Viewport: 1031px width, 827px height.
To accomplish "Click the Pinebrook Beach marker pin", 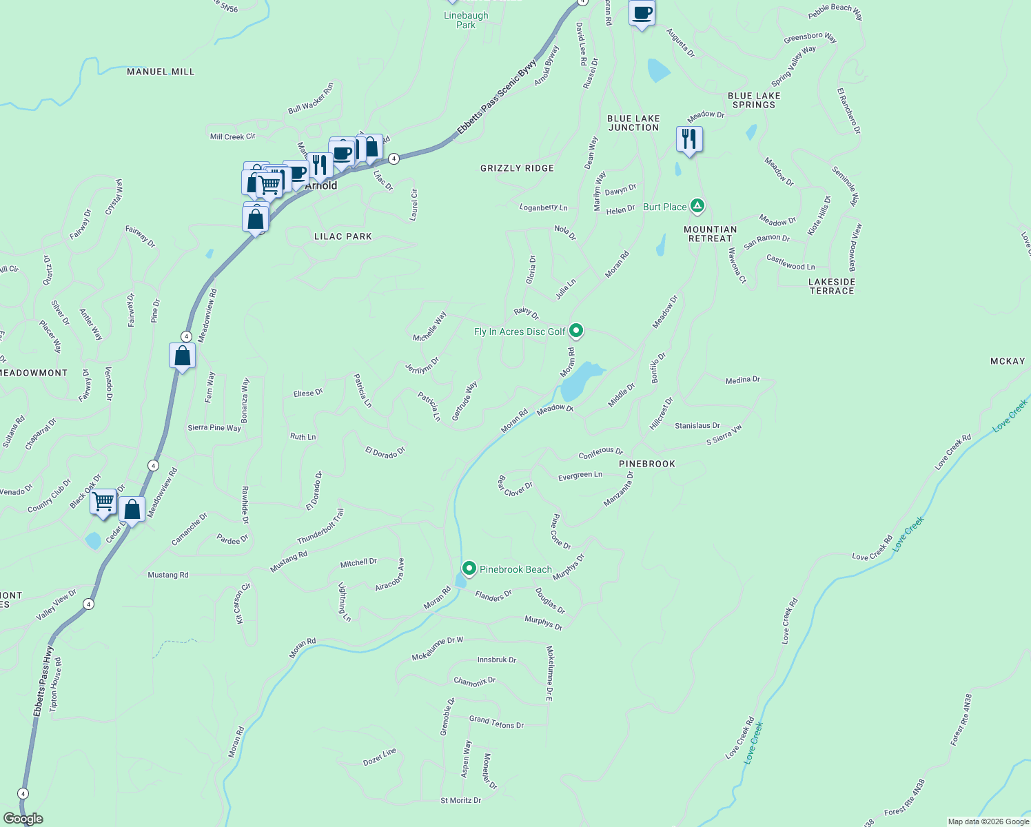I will pos(469,569).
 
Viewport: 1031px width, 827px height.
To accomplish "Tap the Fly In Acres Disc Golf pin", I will pos(577,331).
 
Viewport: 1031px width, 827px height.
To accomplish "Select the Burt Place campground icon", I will pos(697,206).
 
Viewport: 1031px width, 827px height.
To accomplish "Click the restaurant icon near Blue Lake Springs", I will pos(689,139).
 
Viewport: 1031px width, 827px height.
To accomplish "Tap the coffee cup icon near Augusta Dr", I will pos(642,13).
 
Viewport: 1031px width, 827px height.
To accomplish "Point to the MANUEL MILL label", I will pos(161,72).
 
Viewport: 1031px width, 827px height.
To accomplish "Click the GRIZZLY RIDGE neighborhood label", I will pos(517,168).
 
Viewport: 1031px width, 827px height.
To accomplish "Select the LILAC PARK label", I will pos(343,236).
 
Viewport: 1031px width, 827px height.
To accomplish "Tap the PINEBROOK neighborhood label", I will pos(646,464).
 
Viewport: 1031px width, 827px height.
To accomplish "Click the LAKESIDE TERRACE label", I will pos(832,286).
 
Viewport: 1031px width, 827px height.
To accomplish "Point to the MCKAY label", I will pos(1007,361).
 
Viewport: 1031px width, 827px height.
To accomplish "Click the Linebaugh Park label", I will pos(466,20).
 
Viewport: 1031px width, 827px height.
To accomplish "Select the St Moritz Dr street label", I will pos(460,800).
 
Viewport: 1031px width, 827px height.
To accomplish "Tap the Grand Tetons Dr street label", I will pos(496,722).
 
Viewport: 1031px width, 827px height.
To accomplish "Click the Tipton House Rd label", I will pos(55,684).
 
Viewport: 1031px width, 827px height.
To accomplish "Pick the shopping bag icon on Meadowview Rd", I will pos(182,356).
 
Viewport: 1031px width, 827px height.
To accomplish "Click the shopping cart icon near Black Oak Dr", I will pos(103,502).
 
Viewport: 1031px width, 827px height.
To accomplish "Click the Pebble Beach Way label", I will pos(835,12).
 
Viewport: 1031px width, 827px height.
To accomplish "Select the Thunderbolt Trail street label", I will pos(320,527).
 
